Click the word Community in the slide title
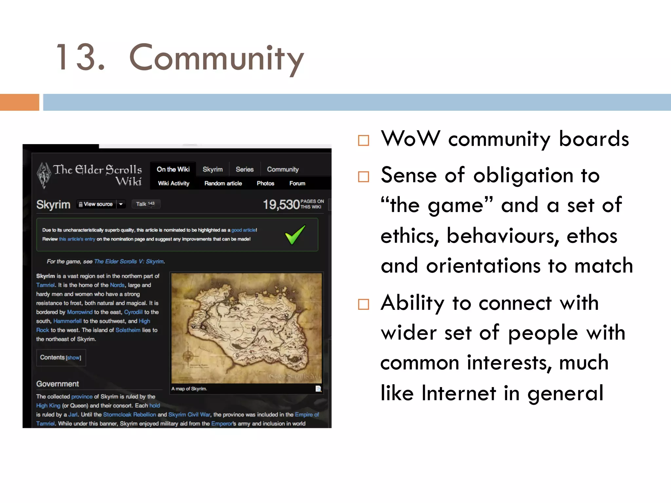[x=216, y=58]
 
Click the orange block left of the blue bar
[x=19, y=102]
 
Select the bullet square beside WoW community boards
[x=363, y=140]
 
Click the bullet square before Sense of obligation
[x=363, y=177]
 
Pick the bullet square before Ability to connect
[x=363, y=304]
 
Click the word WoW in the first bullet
[x=411, y=139]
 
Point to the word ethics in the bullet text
[x=410, y=236]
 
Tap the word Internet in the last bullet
[x=459, y=393]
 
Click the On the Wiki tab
[x=173, y=169]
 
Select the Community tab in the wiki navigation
[x=283, y=169]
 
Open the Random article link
[x=223, y=183]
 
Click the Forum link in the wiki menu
[x=297, y=183]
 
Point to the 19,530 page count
[x=281, y=205]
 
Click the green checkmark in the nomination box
[x=295, y=234]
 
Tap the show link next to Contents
[x=73, y=358]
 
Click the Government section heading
[x=57, y=384]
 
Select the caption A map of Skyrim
[x=189, y=389]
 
